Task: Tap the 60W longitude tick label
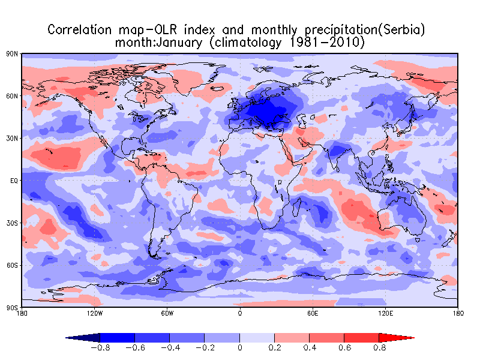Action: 167,313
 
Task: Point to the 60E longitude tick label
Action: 312,313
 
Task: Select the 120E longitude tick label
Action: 385,313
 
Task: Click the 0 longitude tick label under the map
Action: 240,313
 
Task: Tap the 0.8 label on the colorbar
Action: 379,347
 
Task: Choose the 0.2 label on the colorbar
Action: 275,347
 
